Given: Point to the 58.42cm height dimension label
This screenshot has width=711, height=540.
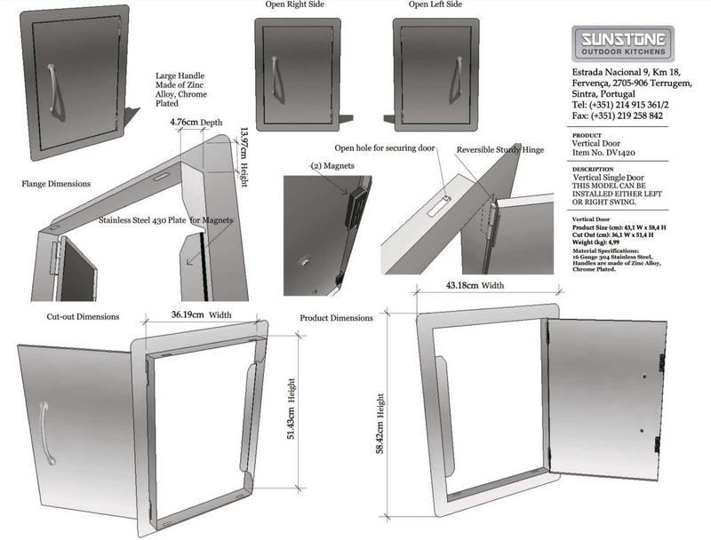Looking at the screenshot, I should [x=380, y=422].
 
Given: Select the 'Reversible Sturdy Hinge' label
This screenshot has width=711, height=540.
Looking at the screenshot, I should [x=500, y=150].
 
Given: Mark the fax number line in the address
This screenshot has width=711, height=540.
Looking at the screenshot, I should [x=619, y=115].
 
